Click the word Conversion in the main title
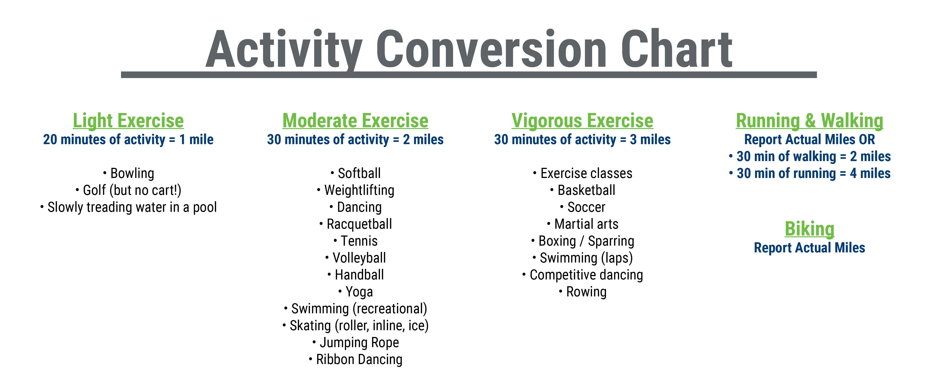491,49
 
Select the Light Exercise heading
128,121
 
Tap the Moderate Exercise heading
355,121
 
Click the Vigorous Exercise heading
582,121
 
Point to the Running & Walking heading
809,121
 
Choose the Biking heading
809,229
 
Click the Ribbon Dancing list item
355,360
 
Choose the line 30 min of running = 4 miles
809,173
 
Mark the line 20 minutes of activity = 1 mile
128,139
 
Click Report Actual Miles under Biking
809,248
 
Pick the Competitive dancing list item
583,275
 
